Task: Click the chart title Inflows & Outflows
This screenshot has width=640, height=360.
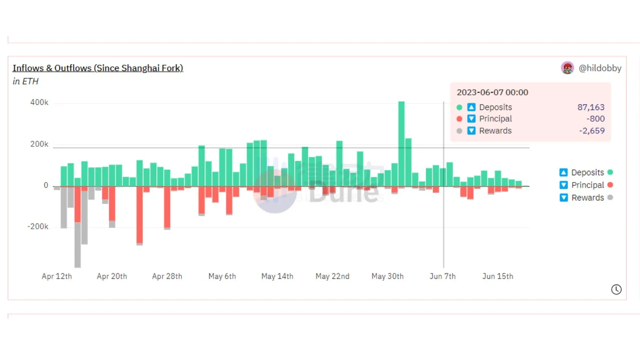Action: (98, 68)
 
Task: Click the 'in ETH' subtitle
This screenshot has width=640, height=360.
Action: (26, 81)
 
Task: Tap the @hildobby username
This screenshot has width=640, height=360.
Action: (600, 68)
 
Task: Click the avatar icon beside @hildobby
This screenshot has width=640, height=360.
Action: (567, 68)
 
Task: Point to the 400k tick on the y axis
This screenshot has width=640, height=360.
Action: (39, 102)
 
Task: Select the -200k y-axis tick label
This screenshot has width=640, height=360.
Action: (38, 226)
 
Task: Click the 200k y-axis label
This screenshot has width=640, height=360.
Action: (39, 144)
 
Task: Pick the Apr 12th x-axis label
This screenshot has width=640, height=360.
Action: (57, 276)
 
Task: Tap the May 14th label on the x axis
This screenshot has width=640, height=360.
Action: (277, 276)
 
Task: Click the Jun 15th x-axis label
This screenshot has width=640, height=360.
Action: (498, 276)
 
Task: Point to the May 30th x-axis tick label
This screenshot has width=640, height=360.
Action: (387, 276)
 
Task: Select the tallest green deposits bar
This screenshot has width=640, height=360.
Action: (401, 144)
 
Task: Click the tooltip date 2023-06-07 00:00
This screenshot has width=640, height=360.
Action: (492, 92)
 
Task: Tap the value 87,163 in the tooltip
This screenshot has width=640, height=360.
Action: (590, 107)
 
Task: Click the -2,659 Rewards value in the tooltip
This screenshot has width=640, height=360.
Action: (592, 131)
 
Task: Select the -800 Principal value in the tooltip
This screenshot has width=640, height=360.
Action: (595, 119)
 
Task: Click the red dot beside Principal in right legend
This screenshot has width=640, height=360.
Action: (610, 185)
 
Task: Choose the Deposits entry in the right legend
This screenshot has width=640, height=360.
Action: (587, 172)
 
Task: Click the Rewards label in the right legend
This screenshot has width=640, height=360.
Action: (587, 198)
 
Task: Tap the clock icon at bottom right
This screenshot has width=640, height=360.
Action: (616, 290)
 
